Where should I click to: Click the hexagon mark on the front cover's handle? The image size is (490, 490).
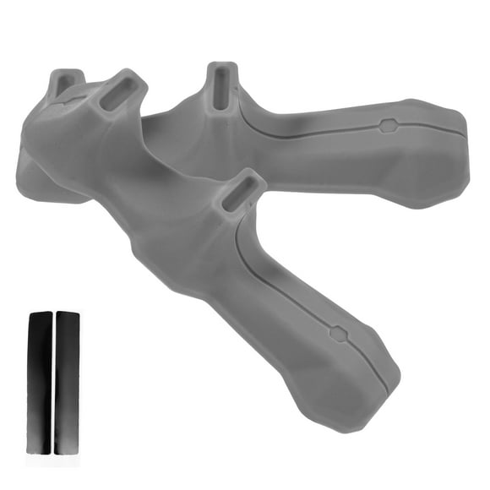(x=338, y=332)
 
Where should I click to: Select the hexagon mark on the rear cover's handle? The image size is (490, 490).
(x=388, y=127)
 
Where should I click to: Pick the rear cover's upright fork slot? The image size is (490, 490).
(x=219, y=87)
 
